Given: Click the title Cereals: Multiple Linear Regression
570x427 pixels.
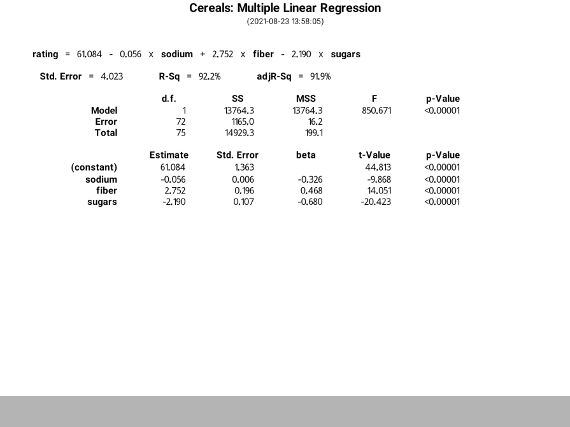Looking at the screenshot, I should pos(285,8).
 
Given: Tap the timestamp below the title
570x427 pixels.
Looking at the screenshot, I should pos(285,22).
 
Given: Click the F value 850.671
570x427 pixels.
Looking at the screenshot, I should pos(376,111).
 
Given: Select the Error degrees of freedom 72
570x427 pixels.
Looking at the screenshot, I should pos(181,122).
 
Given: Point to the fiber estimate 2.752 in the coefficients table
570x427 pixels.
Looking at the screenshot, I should pos(173,191).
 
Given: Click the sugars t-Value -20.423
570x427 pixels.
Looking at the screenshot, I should pos(376,202).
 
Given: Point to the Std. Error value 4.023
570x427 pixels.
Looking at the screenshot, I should pos(111,76).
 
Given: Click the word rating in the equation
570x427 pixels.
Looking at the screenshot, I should pos(45,54).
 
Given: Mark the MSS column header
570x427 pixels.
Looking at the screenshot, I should pos(306,99).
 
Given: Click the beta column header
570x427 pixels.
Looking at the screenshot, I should pos(306,155).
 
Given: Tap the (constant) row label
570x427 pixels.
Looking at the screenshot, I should pos(94,168).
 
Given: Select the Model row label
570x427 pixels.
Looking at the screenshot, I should pos(104,111).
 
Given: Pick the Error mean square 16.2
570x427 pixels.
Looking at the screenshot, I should pos(315,122).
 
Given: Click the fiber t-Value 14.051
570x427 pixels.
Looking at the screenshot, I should pos(379,191).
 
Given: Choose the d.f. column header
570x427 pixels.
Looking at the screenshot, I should pos(169,99).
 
